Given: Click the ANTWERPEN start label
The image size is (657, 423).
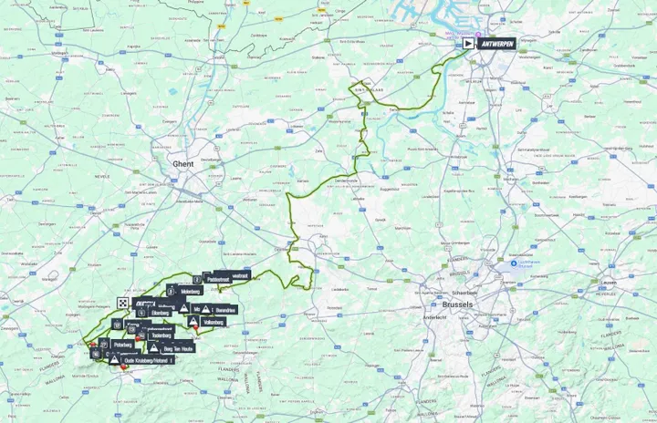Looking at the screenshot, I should click(x=496, y=43).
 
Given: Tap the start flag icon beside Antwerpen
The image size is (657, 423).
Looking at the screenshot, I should click(x=468, y=43).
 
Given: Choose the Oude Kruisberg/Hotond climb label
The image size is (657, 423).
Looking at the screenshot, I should click(x=145, y=362).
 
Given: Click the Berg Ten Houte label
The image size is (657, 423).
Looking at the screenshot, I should click(x=178, y=348).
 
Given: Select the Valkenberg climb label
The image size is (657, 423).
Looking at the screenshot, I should click(x=214, y=322).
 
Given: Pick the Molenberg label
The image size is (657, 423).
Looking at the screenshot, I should click(x=190, y=291).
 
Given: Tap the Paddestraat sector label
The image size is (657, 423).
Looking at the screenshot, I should click(x=217, y=279).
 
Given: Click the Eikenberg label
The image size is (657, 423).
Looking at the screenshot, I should click(x=161, y=313).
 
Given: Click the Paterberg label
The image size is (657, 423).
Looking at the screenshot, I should click(x=123, y=346).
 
